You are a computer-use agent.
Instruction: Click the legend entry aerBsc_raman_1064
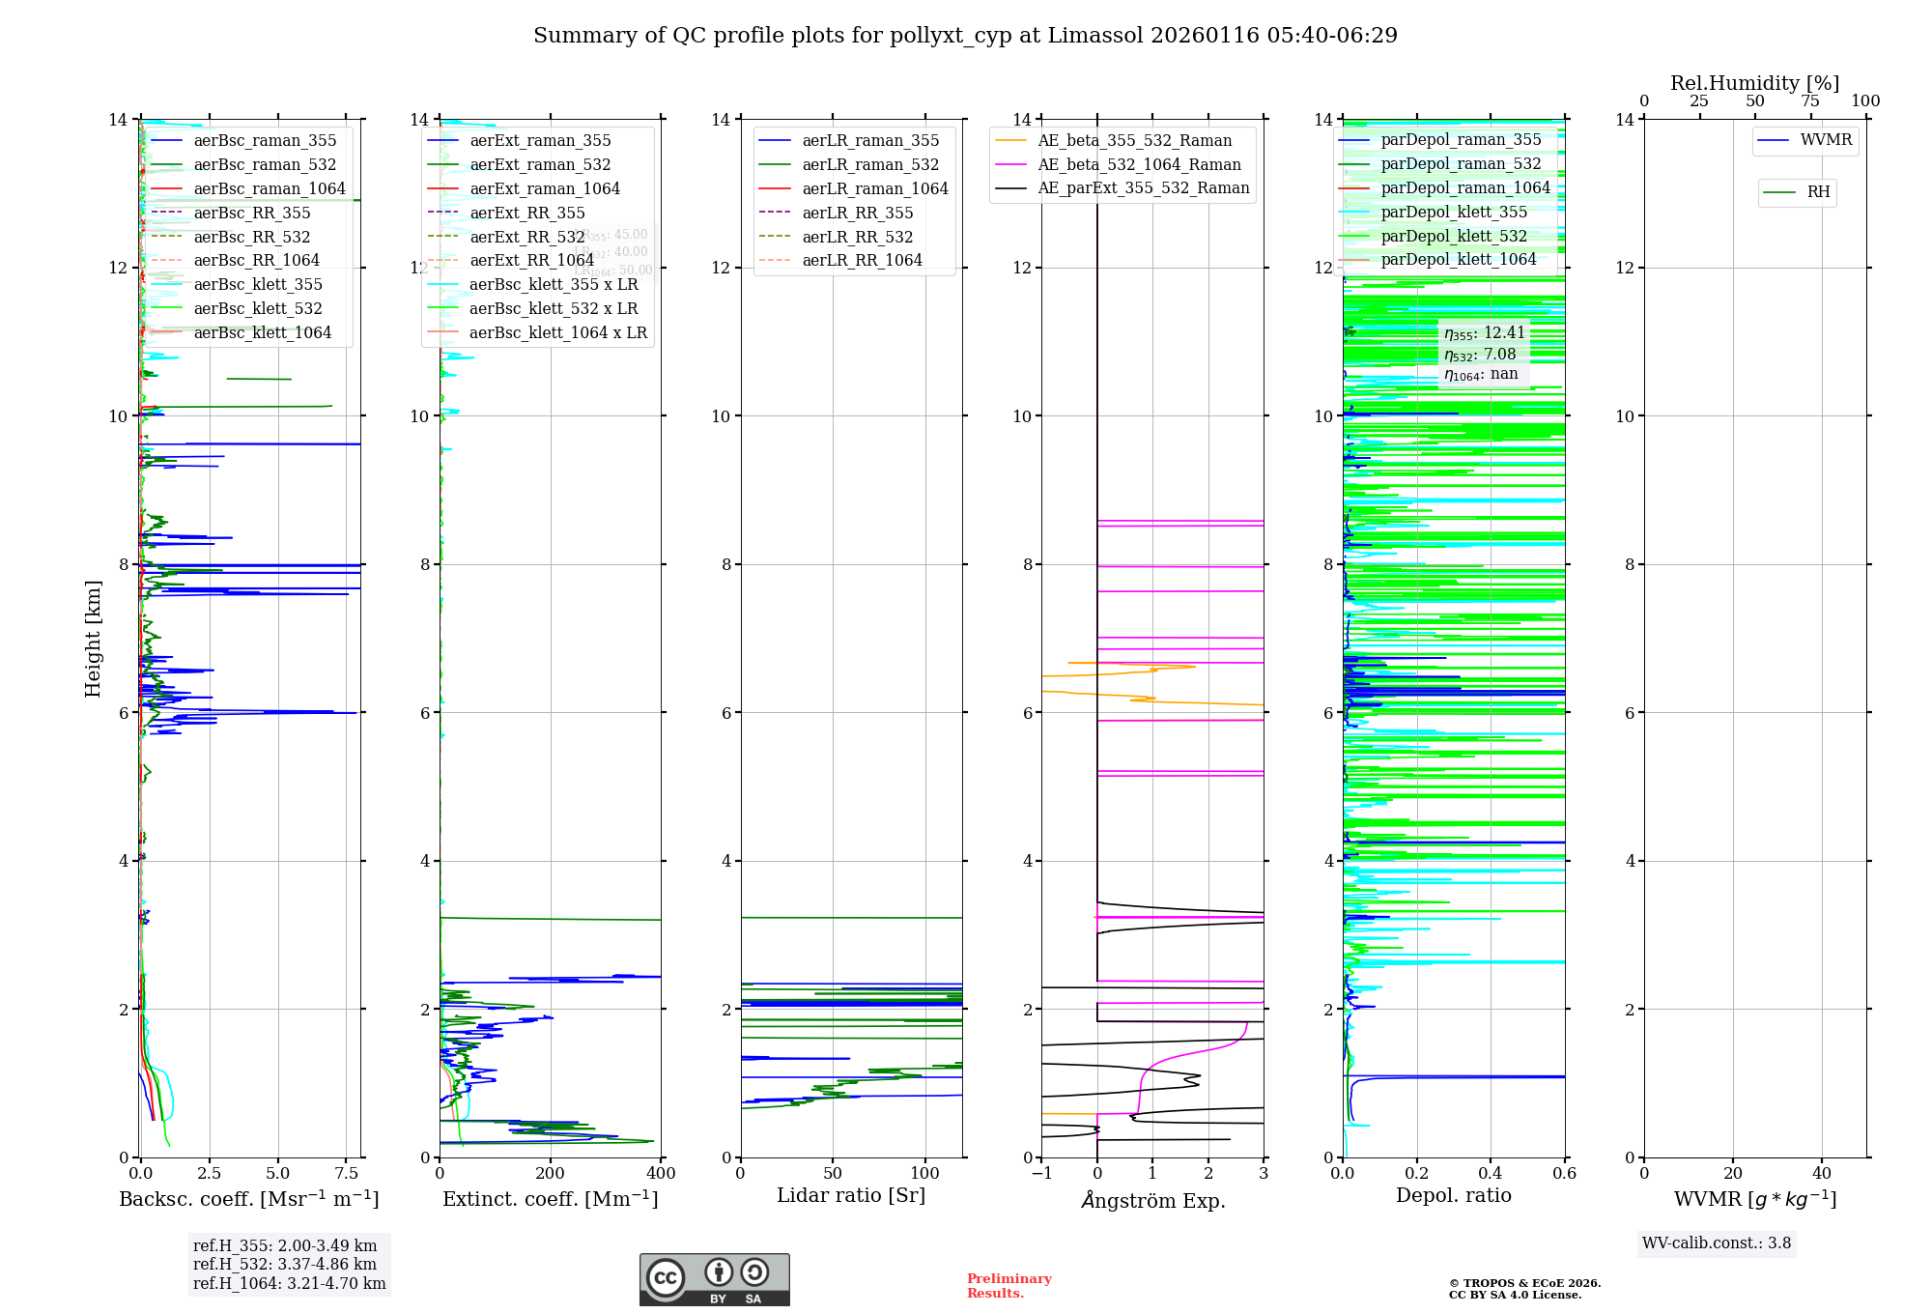coord(270,188)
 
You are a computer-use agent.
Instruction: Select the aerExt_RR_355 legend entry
coord(527,213)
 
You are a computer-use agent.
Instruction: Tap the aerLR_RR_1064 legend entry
coord(862,260)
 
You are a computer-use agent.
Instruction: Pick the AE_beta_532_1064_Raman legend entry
coord(1139,164)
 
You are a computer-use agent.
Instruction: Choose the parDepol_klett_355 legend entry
coord(1454,212)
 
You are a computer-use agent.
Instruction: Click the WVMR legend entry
coord(1826,140)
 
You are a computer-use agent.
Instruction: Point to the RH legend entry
coord(1818,192)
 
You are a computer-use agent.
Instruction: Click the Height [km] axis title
coord(93,639)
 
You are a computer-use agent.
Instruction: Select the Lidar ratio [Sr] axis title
coord(851,1195)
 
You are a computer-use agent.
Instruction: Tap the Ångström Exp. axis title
coord(1152,1200)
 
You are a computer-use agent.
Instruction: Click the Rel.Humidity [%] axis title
coord(1754,83)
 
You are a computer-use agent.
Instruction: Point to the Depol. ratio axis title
coord(1454,1195)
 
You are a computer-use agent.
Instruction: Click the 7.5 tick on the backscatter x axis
coord(347,1173)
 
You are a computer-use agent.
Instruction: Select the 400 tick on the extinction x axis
coord(661,1173)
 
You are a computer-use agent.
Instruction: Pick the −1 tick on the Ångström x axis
coord(1041,1173)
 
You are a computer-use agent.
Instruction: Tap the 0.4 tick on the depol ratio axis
coord(1491,1173)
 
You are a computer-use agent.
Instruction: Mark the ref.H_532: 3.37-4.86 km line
coord(285,1264)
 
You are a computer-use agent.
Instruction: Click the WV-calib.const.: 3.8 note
coord(1717,1243)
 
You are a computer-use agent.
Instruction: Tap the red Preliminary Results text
coord(1009,1285)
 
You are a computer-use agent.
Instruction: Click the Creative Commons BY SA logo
coord(714,1279)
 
